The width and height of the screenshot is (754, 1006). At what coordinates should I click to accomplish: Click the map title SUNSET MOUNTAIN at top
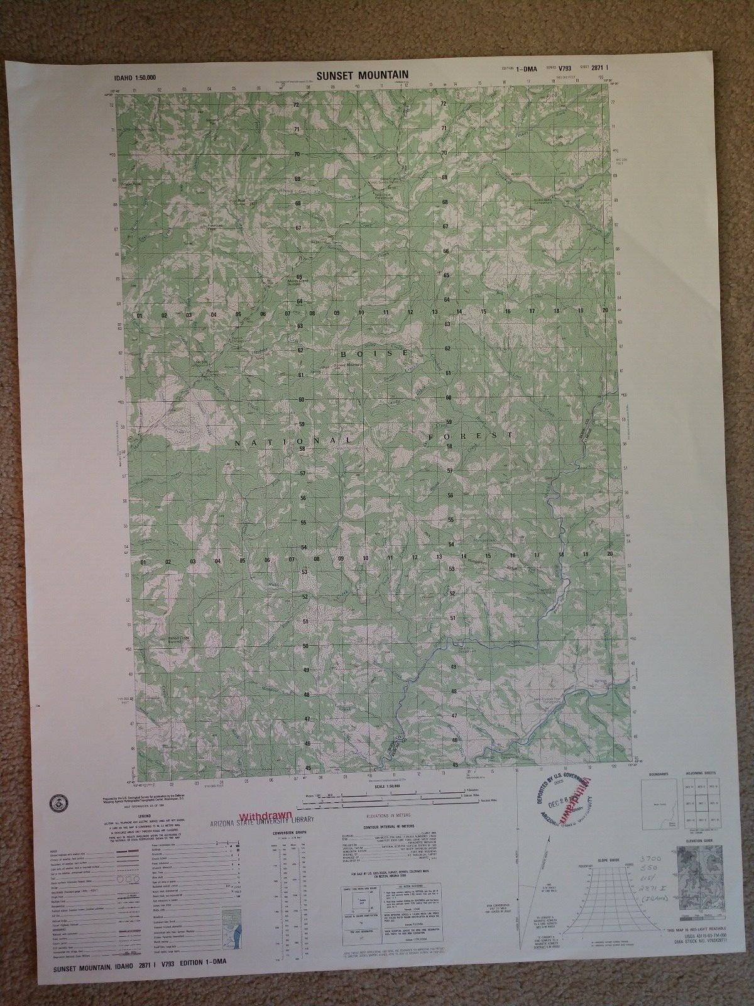pos(363,74)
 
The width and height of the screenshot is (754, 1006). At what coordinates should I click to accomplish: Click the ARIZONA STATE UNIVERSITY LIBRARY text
pos(261,821)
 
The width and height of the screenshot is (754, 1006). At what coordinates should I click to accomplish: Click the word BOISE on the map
pos(376,354)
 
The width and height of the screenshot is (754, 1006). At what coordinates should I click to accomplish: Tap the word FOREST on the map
pos(471,435)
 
